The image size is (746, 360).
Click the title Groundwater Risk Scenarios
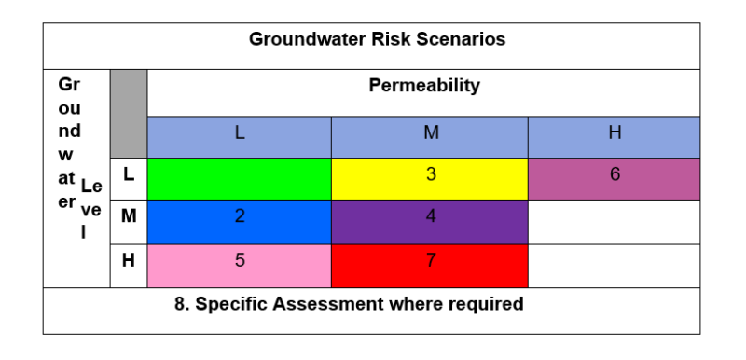tap(377, 40)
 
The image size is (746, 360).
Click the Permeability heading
tap(424, 86)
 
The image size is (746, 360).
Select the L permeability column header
tap(240, 133)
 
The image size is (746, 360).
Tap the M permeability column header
tap(430, 133)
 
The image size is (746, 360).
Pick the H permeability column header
tap(615, 133)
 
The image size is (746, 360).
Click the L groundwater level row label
tap(128, 173)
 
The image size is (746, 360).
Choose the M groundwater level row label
tap(128, 217)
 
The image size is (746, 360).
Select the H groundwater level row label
tap(128, 261)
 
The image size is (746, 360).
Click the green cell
tap(240, 178)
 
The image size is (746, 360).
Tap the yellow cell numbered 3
tap(430, 174)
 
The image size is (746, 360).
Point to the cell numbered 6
tap(615, 174)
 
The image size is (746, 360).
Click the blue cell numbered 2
tap(240, 217)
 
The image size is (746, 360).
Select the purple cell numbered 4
tap(430, 217)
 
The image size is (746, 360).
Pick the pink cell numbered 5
tap(240, 261)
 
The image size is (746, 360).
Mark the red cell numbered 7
tap(430, 261)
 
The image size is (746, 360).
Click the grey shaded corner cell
tap(129, 113)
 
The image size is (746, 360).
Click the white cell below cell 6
tap(614, 222)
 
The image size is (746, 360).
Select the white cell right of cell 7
tap(614, 266)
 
